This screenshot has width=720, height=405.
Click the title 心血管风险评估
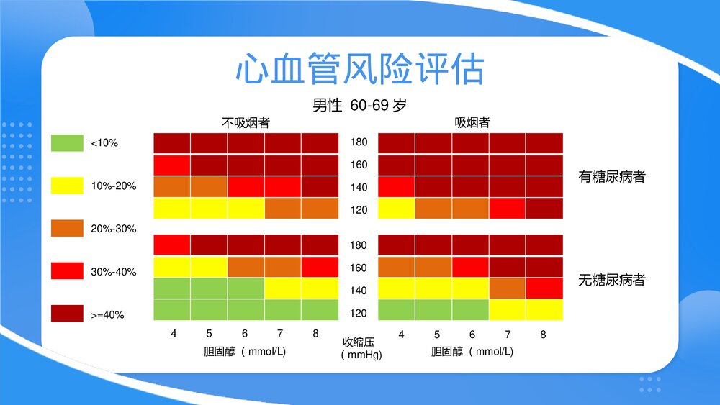359,70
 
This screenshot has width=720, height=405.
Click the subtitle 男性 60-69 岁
359,105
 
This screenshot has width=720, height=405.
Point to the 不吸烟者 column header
246,123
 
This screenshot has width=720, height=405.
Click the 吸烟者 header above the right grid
472,123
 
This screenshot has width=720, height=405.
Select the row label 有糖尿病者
612,176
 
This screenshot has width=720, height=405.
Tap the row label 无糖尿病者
612,280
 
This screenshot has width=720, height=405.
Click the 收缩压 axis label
359,342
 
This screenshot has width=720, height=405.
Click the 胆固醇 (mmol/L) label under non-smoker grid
246,352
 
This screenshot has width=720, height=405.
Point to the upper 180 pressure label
359,142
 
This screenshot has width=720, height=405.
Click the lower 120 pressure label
359,313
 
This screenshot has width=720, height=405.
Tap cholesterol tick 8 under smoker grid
543,335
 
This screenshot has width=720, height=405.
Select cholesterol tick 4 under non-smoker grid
174,335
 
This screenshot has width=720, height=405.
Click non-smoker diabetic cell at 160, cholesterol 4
172,165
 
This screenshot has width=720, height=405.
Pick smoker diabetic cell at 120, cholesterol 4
397,209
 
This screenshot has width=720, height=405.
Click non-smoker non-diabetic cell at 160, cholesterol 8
320,267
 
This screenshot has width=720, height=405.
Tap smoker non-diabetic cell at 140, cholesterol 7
508,288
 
